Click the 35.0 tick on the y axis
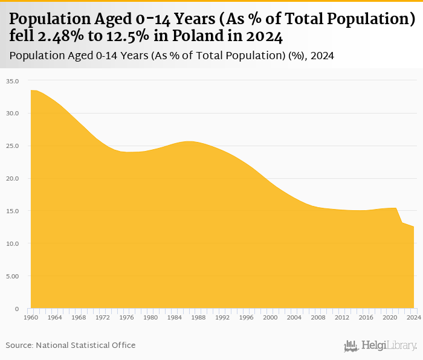click(13, 81)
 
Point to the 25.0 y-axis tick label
click(13, 146)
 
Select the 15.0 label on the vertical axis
click(13, 211)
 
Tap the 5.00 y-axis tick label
click(13, 277)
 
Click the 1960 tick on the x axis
click(31, 317)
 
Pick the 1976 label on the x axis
click(126, 317)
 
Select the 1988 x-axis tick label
click(198, 317)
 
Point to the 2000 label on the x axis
click(270, 317)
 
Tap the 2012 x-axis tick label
click(342, 317)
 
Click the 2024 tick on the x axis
click(414, 317)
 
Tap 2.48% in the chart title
click(63, 36)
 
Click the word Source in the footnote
click(19, 346)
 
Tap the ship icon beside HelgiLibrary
click(351, 346)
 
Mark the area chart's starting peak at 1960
click(31, 91)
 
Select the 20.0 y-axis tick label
click(13, 179)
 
